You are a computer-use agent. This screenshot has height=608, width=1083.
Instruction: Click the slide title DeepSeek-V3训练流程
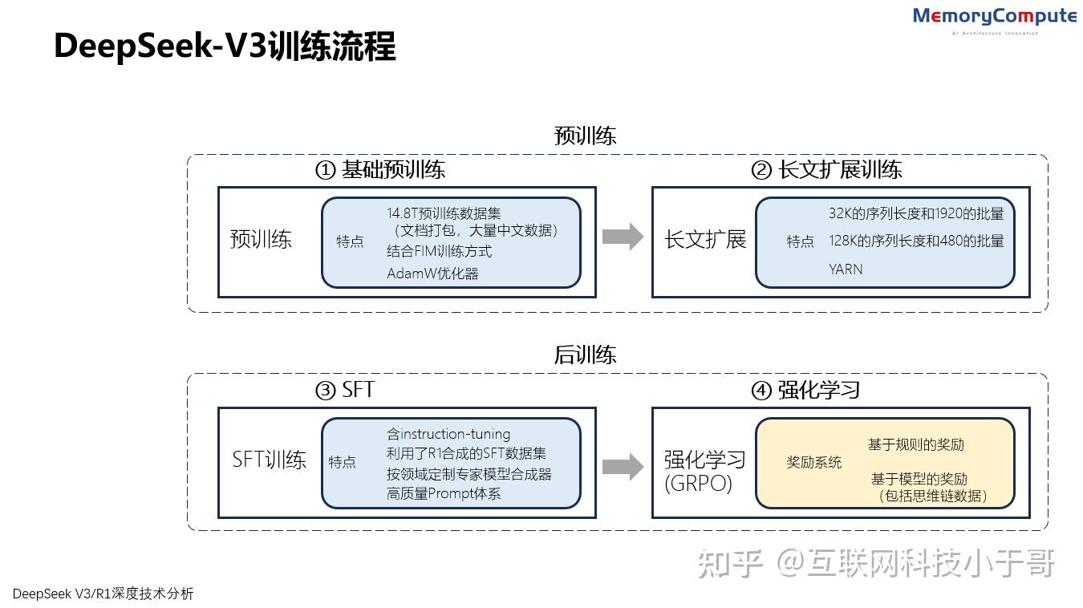(225, 47)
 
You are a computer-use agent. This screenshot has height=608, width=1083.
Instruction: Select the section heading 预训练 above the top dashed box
(585, 136)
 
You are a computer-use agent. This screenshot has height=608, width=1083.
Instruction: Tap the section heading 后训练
(585, 355)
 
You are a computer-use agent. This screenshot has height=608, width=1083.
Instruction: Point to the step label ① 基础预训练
(379, 170)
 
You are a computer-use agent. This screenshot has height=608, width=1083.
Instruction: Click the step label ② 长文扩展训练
(826, 170)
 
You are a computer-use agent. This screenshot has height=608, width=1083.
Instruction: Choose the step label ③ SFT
(345, 391)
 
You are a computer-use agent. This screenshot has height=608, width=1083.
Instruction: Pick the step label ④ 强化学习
(805, 391)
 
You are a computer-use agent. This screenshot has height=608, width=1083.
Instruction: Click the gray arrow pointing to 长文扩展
(623, 237)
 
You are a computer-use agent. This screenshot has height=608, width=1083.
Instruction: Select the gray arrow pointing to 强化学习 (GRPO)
(623, 467)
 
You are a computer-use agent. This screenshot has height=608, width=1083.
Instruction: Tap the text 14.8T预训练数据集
(444, 213)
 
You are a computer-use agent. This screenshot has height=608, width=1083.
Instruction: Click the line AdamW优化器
(432, 274)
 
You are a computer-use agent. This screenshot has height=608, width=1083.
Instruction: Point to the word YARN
(846, 270)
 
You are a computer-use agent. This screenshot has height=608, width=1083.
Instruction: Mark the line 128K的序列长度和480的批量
(916, 241)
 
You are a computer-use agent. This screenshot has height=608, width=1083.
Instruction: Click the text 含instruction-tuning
(448, 434)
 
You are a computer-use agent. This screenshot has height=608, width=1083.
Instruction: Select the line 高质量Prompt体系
(444, 493)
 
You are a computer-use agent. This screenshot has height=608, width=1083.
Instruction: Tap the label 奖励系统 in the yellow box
(813, 462)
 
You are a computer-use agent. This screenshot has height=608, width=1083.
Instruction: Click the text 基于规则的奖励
(915, 444)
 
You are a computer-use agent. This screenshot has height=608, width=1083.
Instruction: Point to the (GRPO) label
(698, 484)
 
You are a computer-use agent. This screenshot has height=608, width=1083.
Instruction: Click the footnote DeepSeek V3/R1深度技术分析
(103, 594)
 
